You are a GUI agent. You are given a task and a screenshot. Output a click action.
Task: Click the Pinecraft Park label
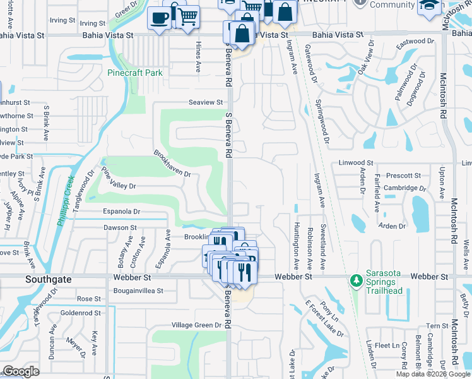tap(135, 73)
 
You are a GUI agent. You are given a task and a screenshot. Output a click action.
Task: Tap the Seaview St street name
tap(206, 102)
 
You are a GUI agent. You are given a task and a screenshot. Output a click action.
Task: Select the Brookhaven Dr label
tap(172, 164)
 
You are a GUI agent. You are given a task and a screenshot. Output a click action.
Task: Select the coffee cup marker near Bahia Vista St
tap(159, 17)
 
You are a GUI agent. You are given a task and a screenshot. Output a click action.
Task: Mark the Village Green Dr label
tap(198, 325)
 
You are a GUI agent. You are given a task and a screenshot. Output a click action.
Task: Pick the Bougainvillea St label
tap(138, 291)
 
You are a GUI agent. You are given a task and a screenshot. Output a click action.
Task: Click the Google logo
tap(21, 371)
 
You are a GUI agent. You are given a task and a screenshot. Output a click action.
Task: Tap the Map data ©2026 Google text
tap(432, 374)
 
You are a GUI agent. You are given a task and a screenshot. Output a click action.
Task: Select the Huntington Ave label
tap(296, 243)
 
